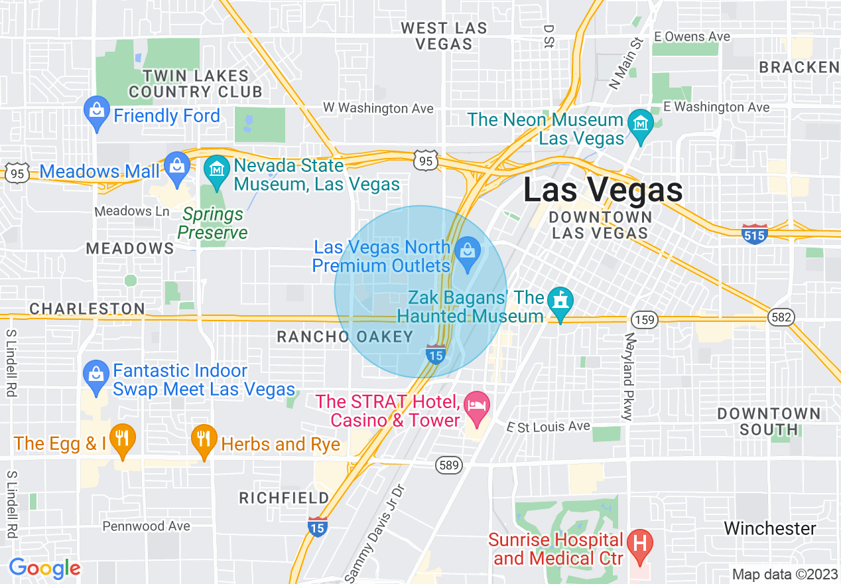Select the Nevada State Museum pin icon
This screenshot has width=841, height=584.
point(216,171)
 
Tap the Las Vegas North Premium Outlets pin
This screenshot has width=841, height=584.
point(468,254)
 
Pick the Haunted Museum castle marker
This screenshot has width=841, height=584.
point(561,304)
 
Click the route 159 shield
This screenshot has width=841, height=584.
point(644,320)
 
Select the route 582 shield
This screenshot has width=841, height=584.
point(781,317)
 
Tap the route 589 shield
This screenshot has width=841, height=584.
point(449,465)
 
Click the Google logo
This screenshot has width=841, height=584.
point(44,568)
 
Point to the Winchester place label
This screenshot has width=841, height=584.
point(769,528)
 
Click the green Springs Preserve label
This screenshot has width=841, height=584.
point(213,224)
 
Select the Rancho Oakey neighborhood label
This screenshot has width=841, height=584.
point(345,337)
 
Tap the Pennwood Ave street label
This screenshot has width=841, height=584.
point(146,526)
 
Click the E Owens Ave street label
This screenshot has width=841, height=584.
point(692,36)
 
